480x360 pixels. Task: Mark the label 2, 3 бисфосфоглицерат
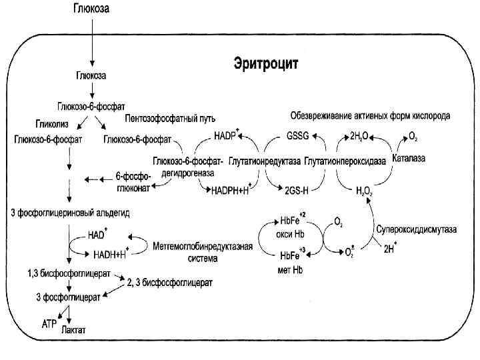pyautogui.click(x=169, y=283)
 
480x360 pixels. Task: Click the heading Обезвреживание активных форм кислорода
pyautogui.click(x=370, y=115)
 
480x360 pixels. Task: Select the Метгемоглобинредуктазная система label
pyautogui.click(x=203, y=251)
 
